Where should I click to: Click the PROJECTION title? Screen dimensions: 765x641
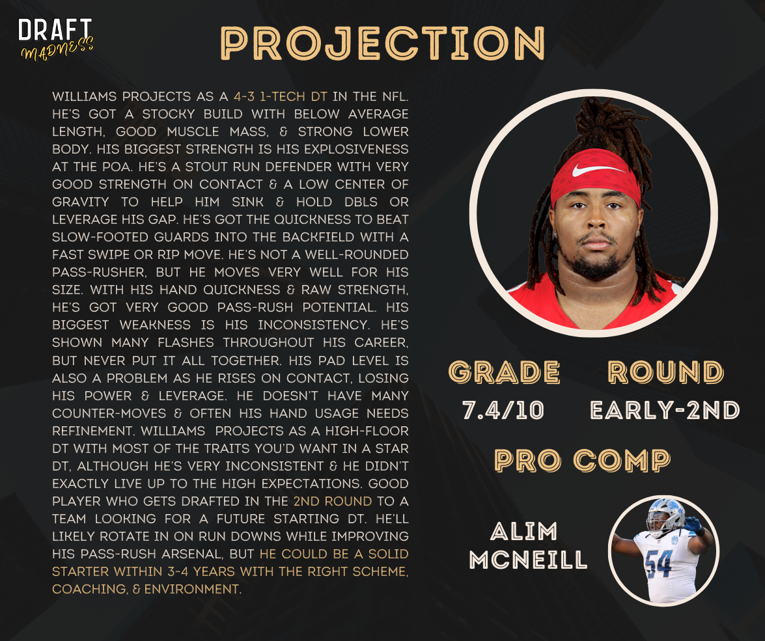(383, 43)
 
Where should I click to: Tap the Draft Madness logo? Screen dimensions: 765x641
(55, 39)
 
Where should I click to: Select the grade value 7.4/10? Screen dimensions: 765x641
(503, 410)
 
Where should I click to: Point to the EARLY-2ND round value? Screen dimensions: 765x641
(665, 410)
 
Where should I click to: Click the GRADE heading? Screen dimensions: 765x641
(504, 372)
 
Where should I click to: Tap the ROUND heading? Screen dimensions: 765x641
(666, 372)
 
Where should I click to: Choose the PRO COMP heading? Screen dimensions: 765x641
(583, 460)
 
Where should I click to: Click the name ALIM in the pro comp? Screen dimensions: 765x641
(523, 531)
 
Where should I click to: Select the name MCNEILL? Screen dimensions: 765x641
(529, 560)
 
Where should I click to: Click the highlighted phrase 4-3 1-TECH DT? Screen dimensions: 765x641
(280, 96)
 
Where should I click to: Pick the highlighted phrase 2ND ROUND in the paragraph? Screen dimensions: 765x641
(332, 501)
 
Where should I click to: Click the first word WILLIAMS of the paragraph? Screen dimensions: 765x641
(85, 96)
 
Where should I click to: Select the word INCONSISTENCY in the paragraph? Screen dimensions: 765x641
(313, 325)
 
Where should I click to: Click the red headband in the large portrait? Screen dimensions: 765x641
(595, 176)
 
